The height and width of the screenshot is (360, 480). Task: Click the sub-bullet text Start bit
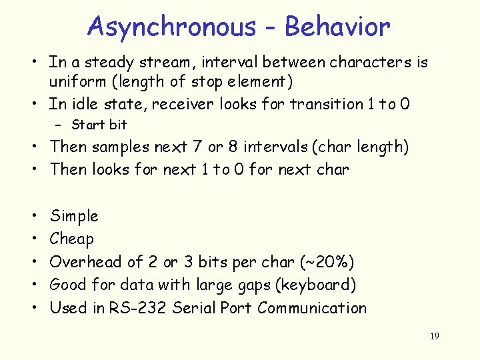(x=99, y=125)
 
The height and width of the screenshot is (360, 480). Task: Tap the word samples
(x=121, y=147)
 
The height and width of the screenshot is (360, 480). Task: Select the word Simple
(x=74, y=216)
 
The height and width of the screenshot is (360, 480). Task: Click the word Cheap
(x=72, y=239)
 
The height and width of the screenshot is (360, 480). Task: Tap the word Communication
(x=312, y=308)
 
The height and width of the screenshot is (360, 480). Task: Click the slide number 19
(x=434, y=337)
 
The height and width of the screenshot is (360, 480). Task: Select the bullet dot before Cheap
(x=33, y=239)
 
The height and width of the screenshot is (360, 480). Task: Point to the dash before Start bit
(x=59, y=125)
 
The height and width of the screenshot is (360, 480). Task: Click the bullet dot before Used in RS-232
(x=33, y=309)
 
